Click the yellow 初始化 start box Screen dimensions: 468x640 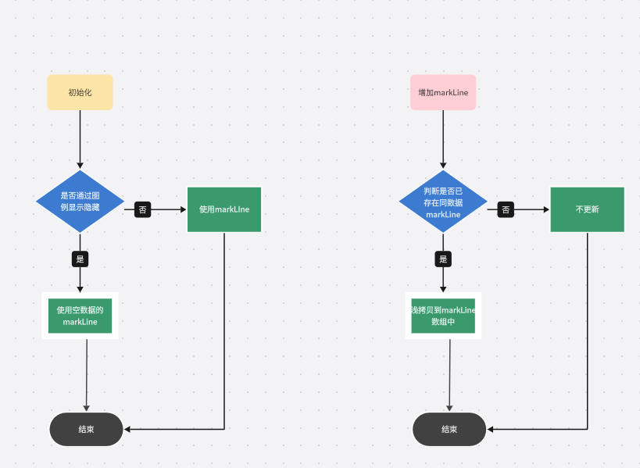[x=80, y=92]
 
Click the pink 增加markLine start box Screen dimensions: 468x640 [x=443, y=92]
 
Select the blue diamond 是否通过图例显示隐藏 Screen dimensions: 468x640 [x=80, y=202]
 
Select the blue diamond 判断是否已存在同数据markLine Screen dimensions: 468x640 [x=443, y=202]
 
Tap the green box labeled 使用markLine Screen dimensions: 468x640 [x=224, y=209]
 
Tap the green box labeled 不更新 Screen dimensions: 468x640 [x=587, y=209]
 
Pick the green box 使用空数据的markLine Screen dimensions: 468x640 [x=80, y=316]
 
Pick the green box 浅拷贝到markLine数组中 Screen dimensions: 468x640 [x=443, y=316]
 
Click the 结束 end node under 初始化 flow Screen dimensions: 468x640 [x=86, y=429]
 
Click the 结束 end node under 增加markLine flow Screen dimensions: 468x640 [x=449, y=429]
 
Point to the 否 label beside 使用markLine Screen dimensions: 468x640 [x=142, y=209]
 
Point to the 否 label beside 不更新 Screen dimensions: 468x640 [x=506, y=209]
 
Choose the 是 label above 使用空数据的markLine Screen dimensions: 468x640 [x=80, y=259]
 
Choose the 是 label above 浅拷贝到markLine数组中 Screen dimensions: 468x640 [x=443, y=259]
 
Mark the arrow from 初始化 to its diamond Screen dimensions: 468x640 [x=80, y=139]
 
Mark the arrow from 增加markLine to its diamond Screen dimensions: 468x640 [x=443, y=139]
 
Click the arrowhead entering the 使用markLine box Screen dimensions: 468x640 [x=184, y=209]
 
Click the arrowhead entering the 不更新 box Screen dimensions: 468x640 [x=546, y=209]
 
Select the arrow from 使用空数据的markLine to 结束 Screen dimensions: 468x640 [x=86, y=375]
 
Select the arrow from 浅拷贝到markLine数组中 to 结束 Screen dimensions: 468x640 [x=449, y=375]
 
